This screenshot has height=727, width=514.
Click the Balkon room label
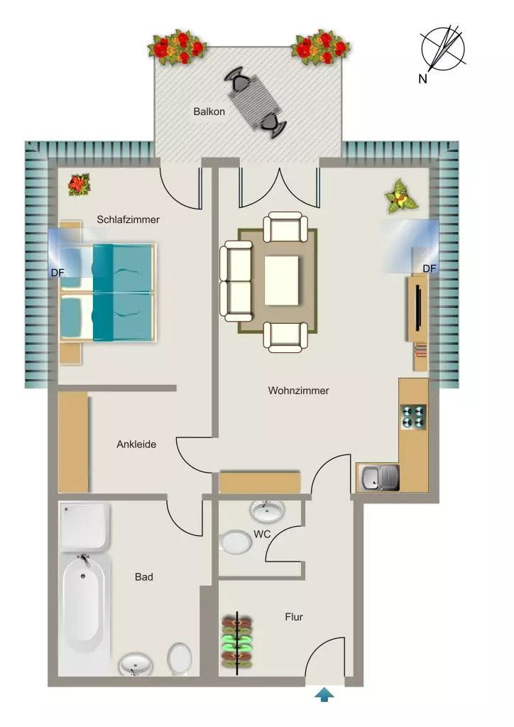click(209, 111)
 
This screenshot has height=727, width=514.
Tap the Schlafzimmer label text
click(128, 219)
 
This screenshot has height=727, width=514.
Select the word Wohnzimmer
click(298, 390)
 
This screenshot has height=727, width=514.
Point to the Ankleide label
click(136, 444)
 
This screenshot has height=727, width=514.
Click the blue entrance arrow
click(324, 695)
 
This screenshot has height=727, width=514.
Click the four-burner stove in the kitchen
click(413, 416)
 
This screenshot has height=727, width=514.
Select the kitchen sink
click(378, 478)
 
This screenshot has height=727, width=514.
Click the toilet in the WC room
click(236, 542)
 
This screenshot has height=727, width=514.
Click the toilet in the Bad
click(180, 659)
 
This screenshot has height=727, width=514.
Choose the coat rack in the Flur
click(237, 642)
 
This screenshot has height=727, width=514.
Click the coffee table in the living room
click(281, 280)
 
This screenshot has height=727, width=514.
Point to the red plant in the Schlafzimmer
click(80, 185)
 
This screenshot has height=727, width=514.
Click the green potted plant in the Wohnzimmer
click(401, 197)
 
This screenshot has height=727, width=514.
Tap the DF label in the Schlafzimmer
click(58, 273)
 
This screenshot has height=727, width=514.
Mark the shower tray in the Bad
click(84, 527)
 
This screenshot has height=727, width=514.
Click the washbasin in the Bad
click(136, 665)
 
